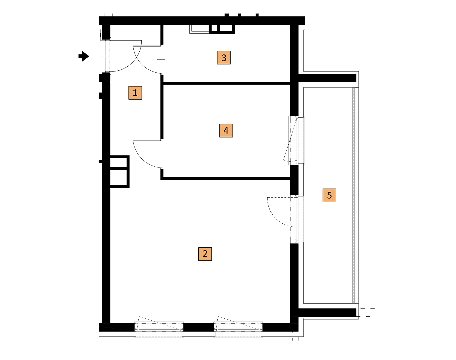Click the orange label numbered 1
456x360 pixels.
point(135,93)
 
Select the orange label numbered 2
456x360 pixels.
point(205,254)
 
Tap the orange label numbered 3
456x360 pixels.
point(224,58)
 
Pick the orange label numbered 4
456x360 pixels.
point(226,131)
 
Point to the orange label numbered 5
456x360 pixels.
point(329,195)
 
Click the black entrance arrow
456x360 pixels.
point(84,56)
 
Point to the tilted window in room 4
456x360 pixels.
point(294,140)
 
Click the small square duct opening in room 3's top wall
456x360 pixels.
point(214,28)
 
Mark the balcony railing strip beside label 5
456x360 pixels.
point(353,195)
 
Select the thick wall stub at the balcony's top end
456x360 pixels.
point(327,78)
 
